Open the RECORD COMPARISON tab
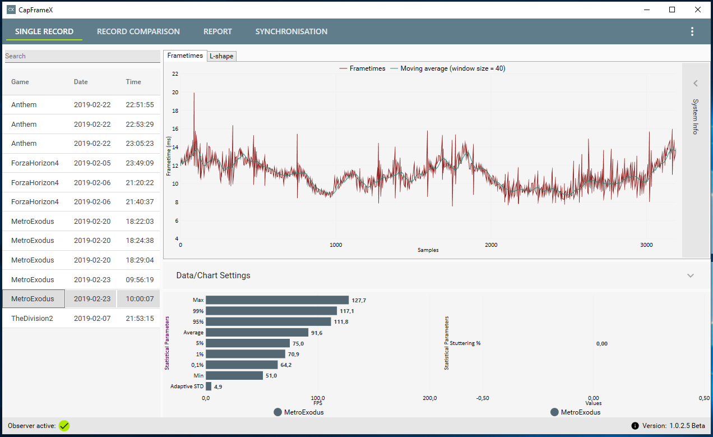[x=138, y=31]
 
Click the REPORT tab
[x=217, y=31]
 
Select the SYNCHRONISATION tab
[x=291, y=31]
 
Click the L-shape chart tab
[x=221, y=56]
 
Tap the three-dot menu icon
[x=692, y=31]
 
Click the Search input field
[x=82, y=56]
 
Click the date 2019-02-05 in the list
[x=92, y=163]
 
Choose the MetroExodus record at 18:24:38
[x=33, y=241]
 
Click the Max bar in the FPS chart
[x=277, y=300]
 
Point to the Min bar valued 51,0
[x=234, y=375]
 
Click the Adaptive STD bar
[x=209, y=387]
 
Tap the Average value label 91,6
[x=317, y=333]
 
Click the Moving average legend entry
[x=451, y=68]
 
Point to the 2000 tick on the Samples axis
[x=491, y=245]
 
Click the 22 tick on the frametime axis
[x=175, y=73]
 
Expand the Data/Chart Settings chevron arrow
[x=691, y=275]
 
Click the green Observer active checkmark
[x=64, y=426]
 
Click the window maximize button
[x=672, y=10]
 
